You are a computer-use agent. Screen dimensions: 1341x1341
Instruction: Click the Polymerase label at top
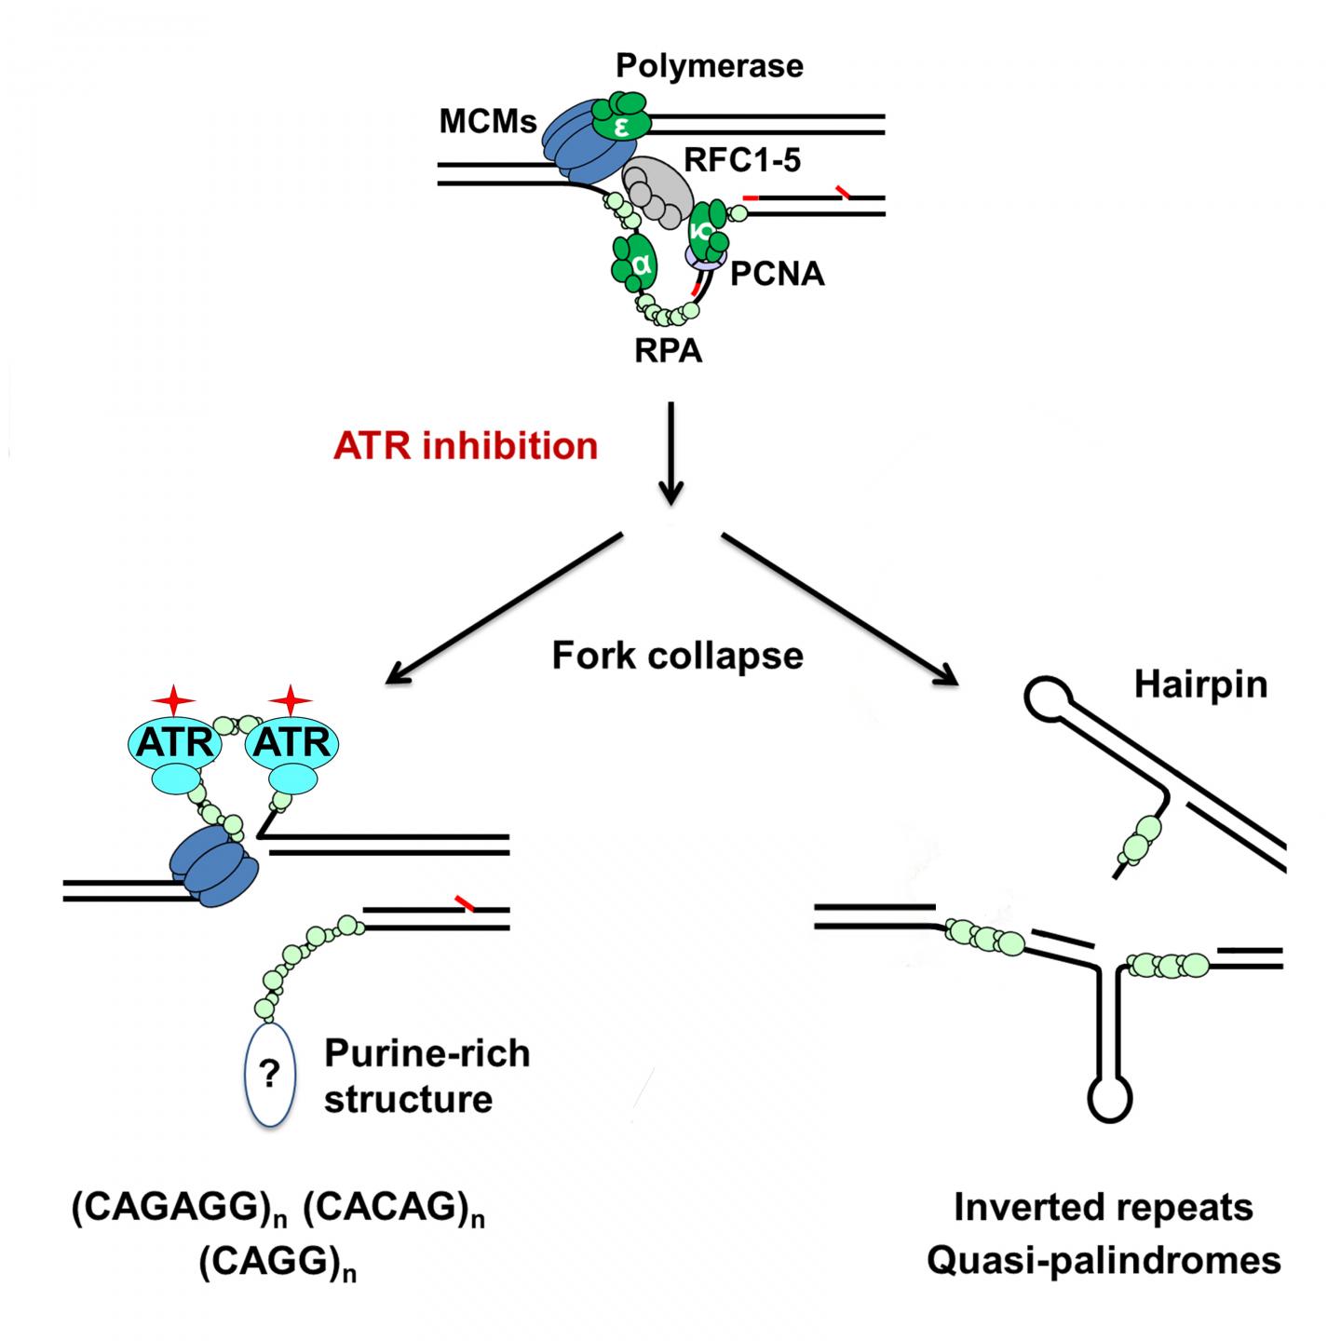pos(710,66)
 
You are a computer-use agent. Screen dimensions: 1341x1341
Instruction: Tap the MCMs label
pos(490,122)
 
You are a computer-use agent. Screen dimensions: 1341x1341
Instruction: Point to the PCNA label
pos(778,274)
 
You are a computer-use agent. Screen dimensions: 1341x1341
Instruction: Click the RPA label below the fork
pos(669,352)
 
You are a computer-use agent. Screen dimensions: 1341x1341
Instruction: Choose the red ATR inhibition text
pos(466,445)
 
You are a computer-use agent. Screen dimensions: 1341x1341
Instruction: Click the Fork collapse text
pos(677,656)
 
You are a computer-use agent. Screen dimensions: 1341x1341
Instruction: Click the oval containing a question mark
pos(269,1077)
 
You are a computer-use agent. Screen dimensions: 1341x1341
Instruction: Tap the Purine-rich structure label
pos(427,1076)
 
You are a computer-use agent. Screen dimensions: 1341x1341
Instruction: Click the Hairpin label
pos(1200,684)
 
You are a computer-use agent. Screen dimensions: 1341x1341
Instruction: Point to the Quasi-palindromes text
pos(1104,1260)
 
